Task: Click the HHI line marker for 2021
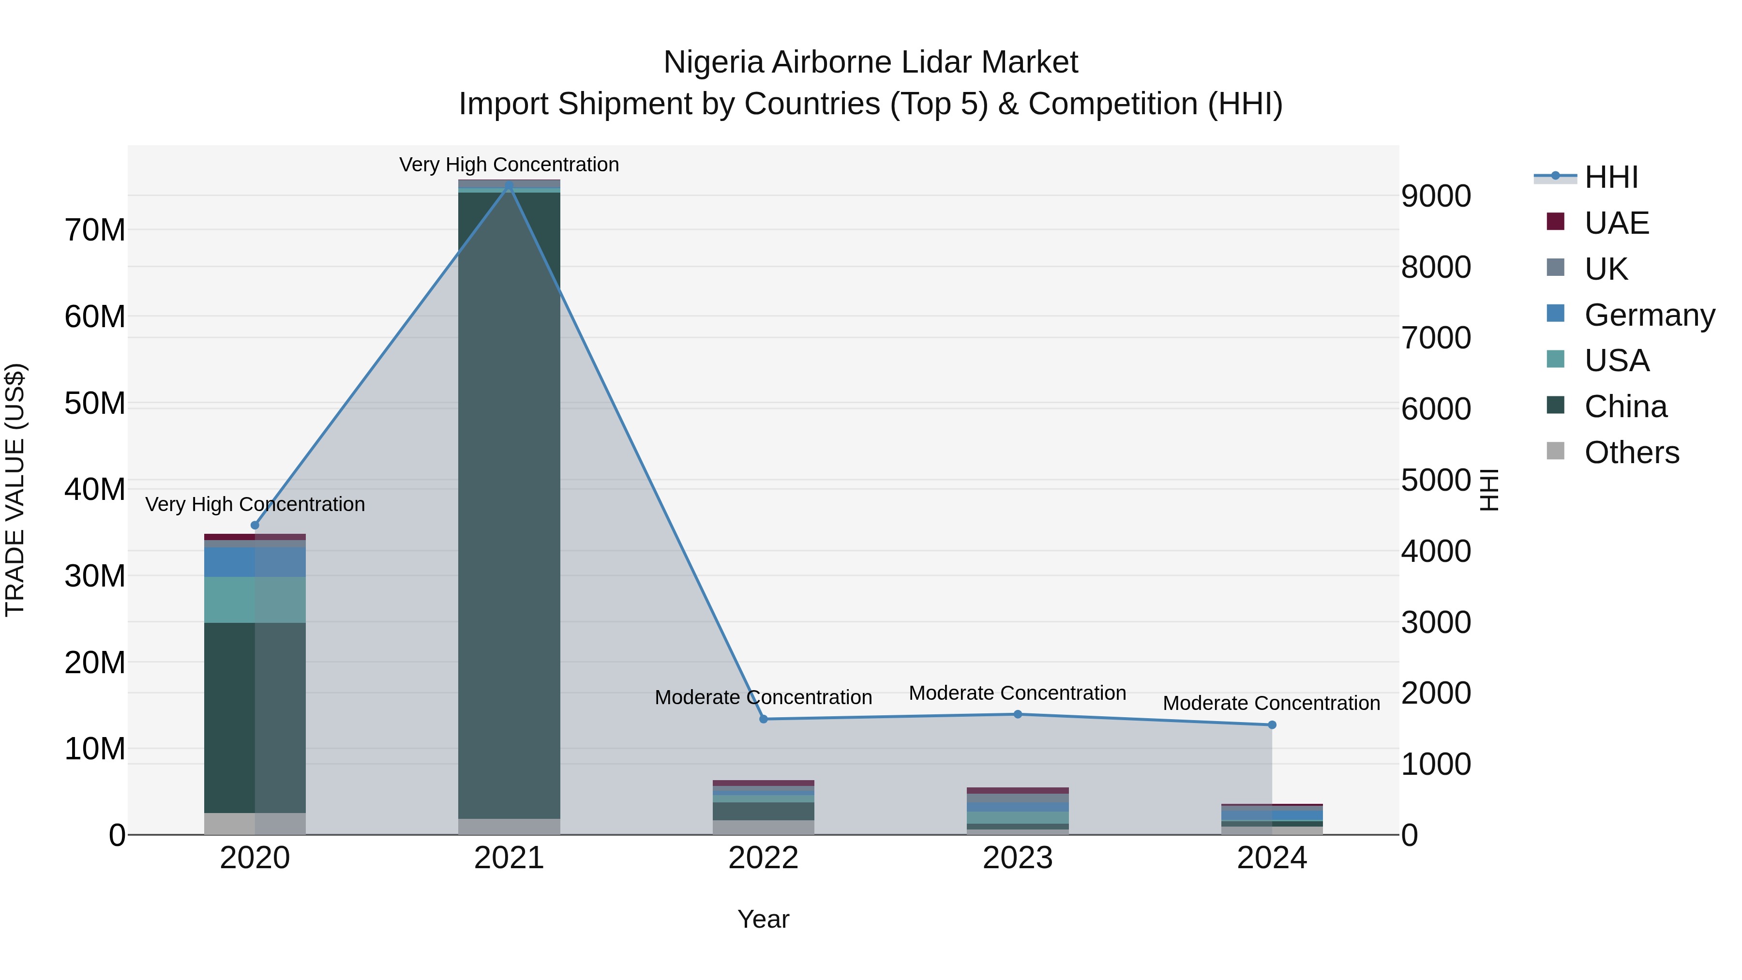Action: [509, 186]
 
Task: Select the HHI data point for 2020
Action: [255, 526]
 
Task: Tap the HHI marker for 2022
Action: [764, 719]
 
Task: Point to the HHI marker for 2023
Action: [1018, 714]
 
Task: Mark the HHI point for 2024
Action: [1272, 725]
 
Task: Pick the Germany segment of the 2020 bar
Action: [255, 562]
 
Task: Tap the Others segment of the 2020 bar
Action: [255, 823]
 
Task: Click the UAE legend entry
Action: [1617, 223]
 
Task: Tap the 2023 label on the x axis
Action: [1018, 858]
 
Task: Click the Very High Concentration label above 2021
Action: [509, 165]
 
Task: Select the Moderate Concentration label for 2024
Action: [1271, 703]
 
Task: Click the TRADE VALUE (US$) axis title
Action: [15, 490]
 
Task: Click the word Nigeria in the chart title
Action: [713, 62]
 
